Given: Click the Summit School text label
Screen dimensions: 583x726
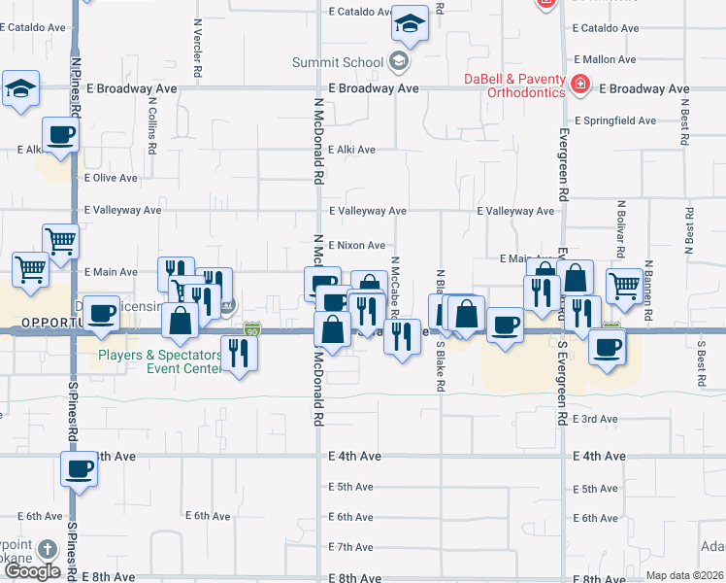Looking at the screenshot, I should point(339,63).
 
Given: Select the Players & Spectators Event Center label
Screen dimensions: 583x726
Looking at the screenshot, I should point(160,361).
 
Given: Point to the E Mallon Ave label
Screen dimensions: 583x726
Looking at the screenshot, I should point(604,59).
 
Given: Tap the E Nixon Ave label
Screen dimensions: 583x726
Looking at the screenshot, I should point(357,246).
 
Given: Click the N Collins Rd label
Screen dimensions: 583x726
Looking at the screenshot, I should point(152,126).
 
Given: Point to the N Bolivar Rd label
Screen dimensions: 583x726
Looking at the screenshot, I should point(620,228).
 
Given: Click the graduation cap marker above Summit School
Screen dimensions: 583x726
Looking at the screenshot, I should point(411,26).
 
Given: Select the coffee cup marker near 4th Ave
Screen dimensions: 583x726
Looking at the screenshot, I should point(80,469).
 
